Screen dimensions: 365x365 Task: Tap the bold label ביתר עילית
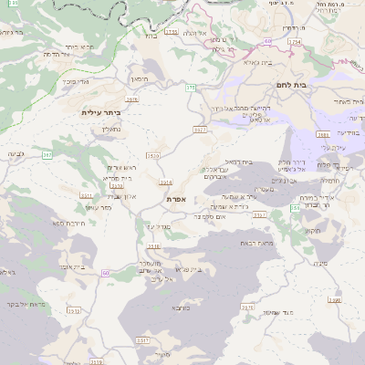[100, 111]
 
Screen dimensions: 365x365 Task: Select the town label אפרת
[177, 198]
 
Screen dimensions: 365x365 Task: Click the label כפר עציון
[112, 208]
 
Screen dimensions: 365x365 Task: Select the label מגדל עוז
[158, 225]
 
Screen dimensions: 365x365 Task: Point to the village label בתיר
[150, 37]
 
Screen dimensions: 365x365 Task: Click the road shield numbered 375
[191, 87]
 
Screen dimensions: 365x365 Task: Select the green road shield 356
[295, 209]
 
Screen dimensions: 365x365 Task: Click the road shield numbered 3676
[247, 308]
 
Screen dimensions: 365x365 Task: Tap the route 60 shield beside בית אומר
[106, 273]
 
